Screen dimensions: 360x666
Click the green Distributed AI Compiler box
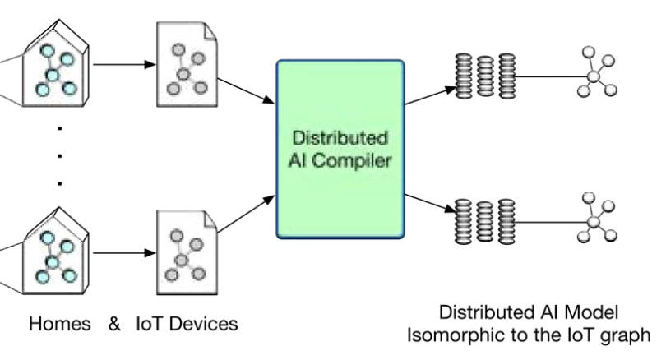340,148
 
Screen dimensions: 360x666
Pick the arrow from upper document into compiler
246,86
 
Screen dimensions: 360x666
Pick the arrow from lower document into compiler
246,213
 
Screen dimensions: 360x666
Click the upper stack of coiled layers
485,76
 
